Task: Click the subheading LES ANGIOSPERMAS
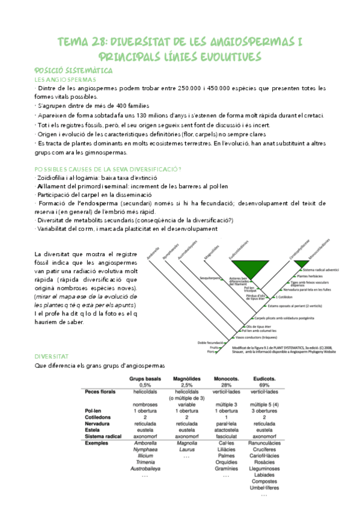point(66,79)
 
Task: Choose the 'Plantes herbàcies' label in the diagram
point(304,276)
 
